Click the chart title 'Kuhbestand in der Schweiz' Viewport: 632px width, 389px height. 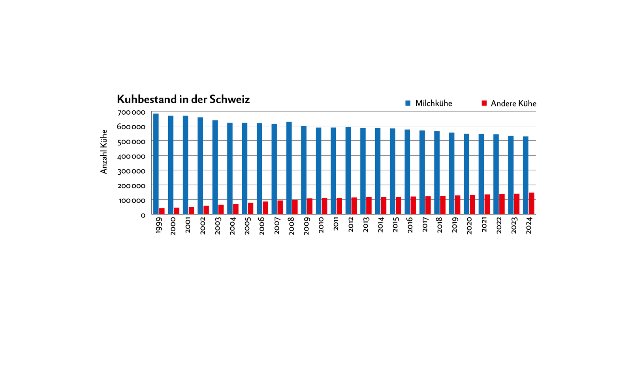point(183,99)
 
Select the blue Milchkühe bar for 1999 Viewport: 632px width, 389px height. point(156,164)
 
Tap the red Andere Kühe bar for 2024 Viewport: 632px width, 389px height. point(532,204)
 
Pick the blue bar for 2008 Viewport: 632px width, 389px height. point(289,168)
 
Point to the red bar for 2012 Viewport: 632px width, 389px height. point(354,206)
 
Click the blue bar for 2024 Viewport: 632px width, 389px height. point(526,176)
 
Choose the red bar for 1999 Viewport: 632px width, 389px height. point(162,211)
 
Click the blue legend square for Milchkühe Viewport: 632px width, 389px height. point(408,103)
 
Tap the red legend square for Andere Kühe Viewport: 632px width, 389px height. point(484,103)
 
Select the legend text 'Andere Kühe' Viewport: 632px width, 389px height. point(513,104)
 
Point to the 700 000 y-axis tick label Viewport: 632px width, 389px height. point(131,112)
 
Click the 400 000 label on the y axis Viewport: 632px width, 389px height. point(131,157)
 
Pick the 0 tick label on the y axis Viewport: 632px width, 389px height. point(143,215)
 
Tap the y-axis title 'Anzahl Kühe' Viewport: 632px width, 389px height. point(104,152)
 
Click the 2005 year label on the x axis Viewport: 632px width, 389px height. point(247,225)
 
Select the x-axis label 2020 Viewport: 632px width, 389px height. point(469,225)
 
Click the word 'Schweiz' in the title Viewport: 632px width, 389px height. point(229,99)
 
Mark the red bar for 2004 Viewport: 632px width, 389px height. point(236,209)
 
